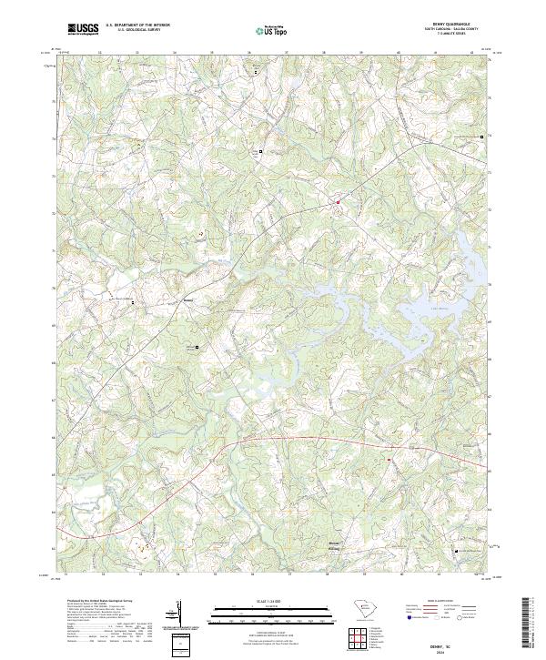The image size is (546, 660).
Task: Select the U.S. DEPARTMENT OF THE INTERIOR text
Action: (137, 25)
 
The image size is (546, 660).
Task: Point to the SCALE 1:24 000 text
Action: (273, 599)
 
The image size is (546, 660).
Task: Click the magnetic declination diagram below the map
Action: (177, 615)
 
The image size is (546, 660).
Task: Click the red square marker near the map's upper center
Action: (337, 202)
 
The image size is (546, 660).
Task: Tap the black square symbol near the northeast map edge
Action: (481, 137)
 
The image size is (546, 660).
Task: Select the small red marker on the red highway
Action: (389, 459)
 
